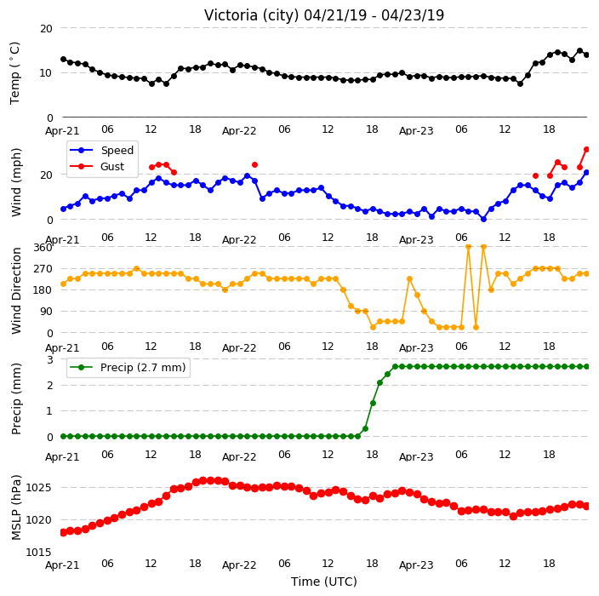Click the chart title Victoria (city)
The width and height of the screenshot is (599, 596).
tap(252, 15)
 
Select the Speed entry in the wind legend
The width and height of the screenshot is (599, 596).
tap(102, 150)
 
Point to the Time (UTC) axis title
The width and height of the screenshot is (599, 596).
tap(324, 582)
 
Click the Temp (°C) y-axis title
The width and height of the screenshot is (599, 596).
tap(15, 73)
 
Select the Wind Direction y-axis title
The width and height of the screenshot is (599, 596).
tap(16, 290)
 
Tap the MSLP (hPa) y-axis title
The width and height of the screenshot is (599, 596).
tap(16, 507)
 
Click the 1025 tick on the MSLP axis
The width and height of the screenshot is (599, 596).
tap(38, 487)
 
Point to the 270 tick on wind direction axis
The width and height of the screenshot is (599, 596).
tap(43, 269)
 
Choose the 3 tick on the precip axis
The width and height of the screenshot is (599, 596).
tap(49, 359)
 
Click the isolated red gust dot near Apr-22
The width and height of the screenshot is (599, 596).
tap(254, 165)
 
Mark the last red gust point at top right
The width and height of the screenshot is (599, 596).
tap(587, 150)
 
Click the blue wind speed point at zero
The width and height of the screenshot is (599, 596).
tap(483, 219)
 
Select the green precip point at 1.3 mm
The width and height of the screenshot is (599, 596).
tap(373, 403)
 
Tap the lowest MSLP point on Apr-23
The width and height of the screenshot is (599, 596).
tap(513, 517)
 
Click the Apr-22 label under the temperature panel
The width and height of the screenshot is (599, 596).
tap(239, 131)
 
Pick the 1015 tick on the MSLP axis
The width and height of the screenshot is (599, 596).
tap(38, 552)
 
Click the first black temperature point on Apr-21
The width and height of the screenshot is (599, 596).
tap(64, 60)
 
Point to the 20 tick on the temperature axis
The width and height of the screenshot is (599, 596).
tap(46, 28)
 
